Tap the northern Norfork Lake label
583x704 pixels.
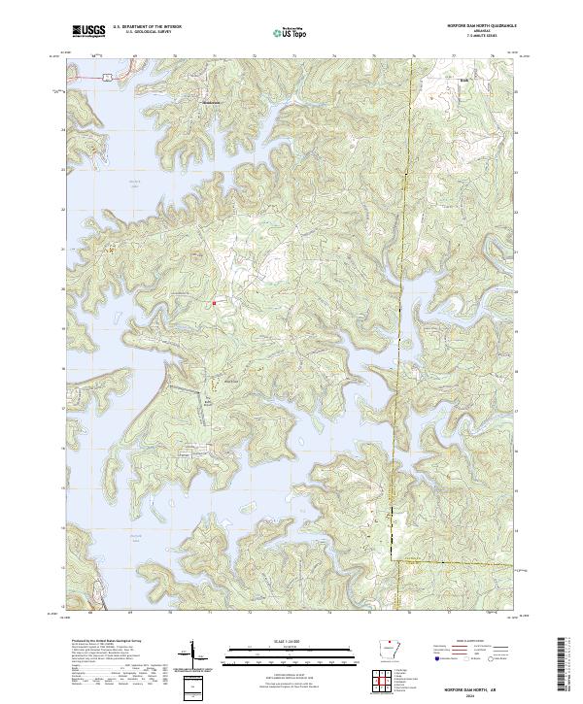(110, 184)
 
